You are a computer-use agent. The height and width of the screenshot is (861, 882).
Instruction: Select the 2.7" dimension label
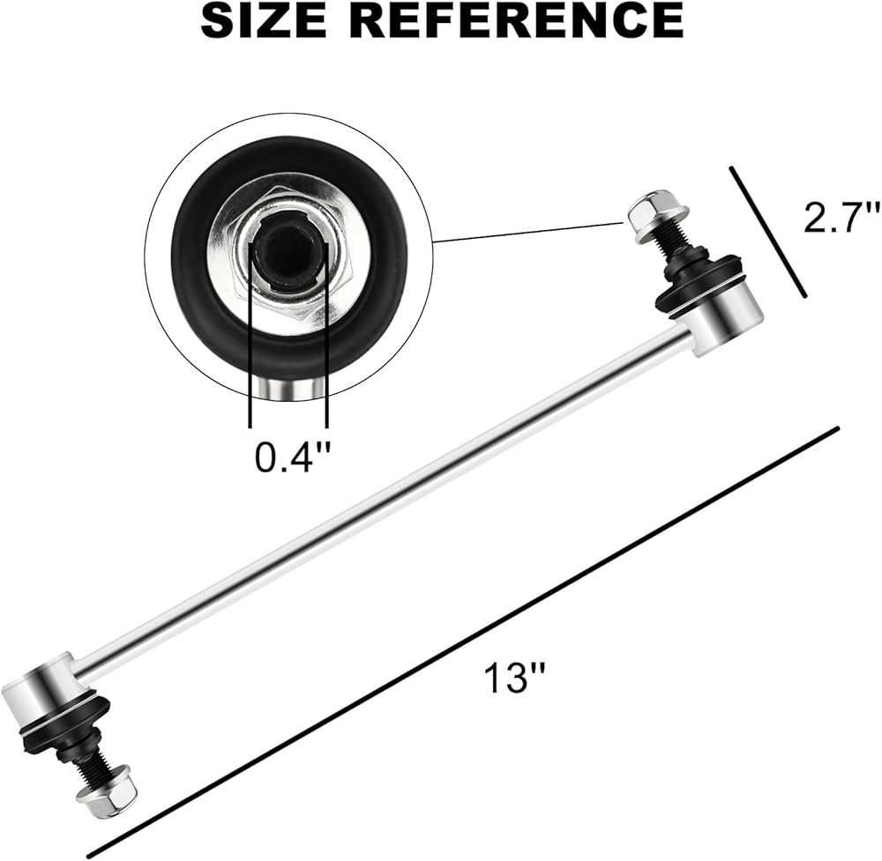pyautogui.click(x=841, y=217)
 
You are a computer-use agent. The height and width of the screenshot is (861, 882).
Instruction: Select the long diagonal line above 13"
pyautogui.click(x=459, y=643)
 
